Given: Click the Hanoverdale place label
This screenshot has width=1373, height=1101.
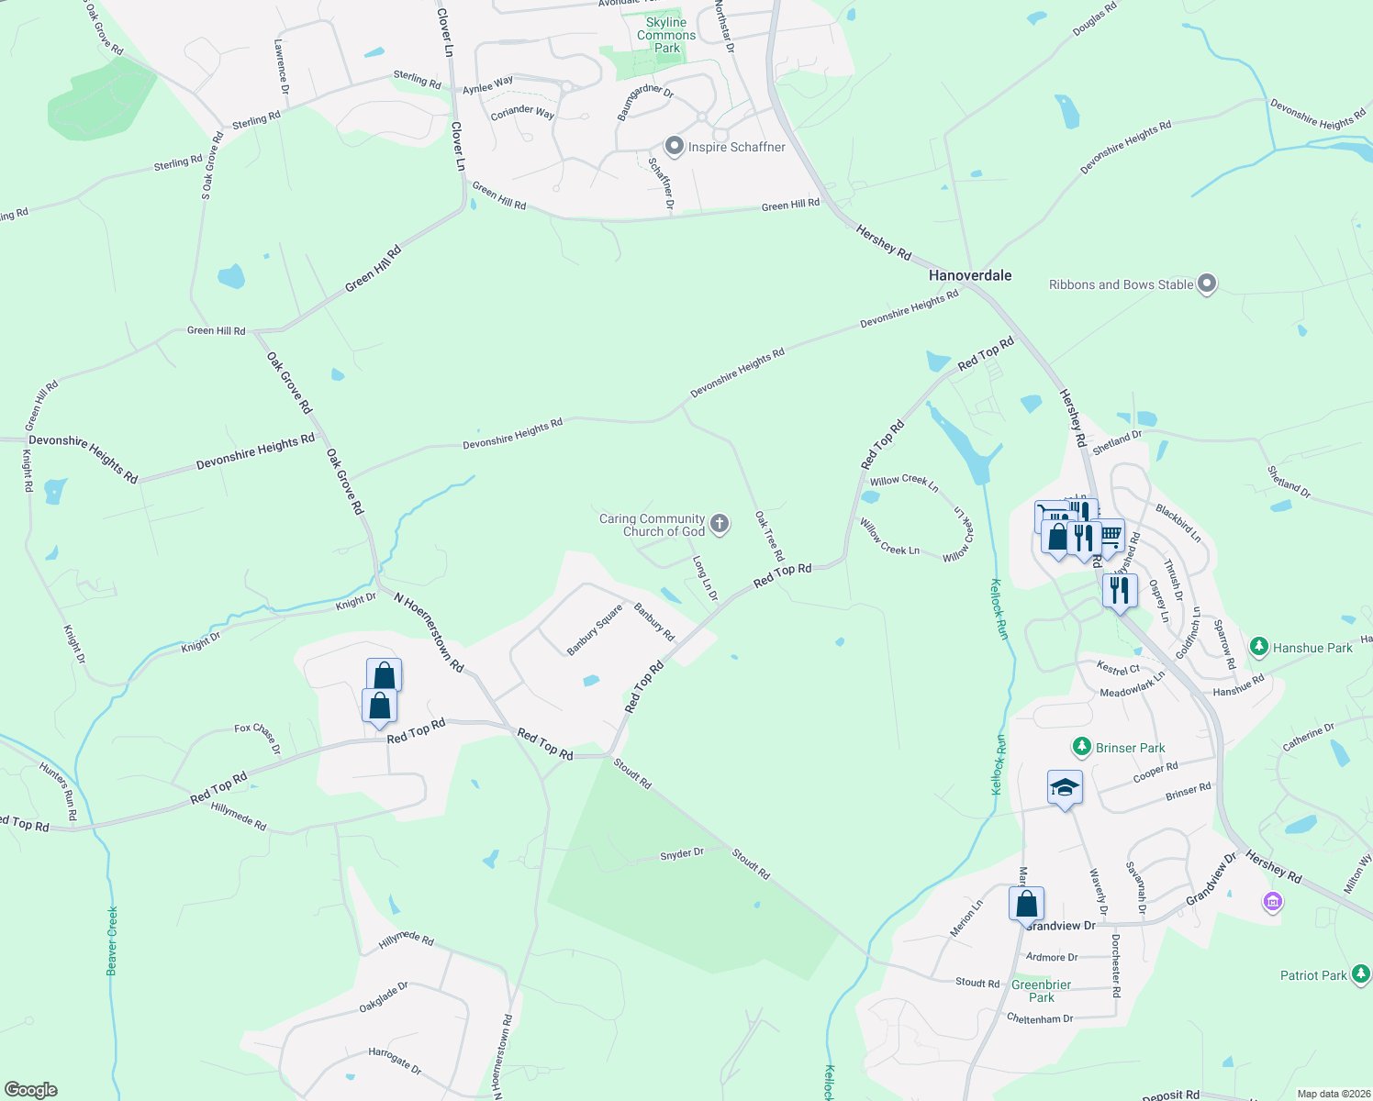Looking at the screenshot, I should [x=970, y=275].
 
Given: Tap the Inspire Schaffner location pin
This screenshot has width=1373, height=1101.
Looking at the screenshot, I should [x=675, y=146].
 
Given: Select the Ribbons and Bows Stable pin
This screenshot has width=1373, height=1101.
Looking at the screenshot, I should [x=1207, y=284].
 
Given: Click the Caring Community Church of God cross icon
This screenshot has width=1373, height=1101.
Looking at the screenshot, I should [x=720, y=524].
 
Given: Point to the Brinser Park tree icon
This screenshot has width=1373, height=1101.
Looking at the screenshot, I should [x=1082, y=747].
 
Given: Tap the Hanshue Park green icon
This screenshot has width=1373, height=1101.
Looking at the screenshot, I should [x=1259, y=647].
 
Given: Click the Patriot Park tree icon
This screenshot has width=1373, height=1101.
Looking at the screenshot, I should [x=1361, y=974].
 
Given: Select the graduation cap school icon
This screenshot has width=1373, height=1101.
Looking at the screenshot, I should [x=1065, y=788].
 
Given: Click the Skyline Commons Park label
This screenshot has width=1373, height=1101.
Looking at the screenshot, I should [x=666, y=35].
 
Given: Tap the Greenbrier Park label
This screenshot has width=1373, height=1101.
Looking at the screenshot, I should [x=1042, y=991].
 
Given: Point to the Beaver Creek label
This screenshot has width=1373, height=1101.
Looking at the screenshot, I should [x=112, y=940].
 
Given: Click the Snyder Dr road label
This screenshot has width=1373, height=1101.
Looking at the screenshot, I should [x=682, y=854].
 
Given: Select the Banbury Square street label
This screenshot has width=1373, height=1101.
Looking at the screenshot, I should [x=594, y=630].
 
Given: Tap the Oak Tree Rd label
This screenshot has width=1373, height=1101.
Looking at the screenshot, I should [x=770, y=537].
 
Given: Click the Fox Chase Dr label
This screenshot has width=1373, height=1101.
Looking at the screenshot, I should [x=257, y=737].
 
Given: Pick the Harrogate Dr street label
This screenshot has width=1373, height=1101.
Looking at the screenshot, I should [x=395, y=1062].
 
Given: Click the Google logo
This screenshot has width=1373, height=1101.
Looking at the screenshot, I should [x=31, y=1090].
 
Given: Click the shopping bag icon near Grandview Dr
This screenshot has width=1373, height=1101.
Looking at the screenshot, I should [x=1027, y=904].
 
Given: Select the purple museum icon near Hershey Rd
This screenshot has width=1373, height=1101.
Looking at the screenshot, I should [x=1272, y=903].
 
